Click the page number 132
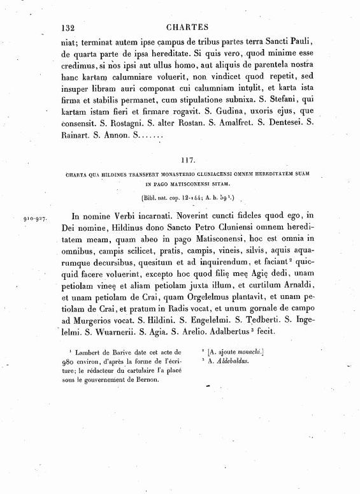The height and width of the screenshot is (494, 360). pyautogui.click(x=68, y=27)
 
